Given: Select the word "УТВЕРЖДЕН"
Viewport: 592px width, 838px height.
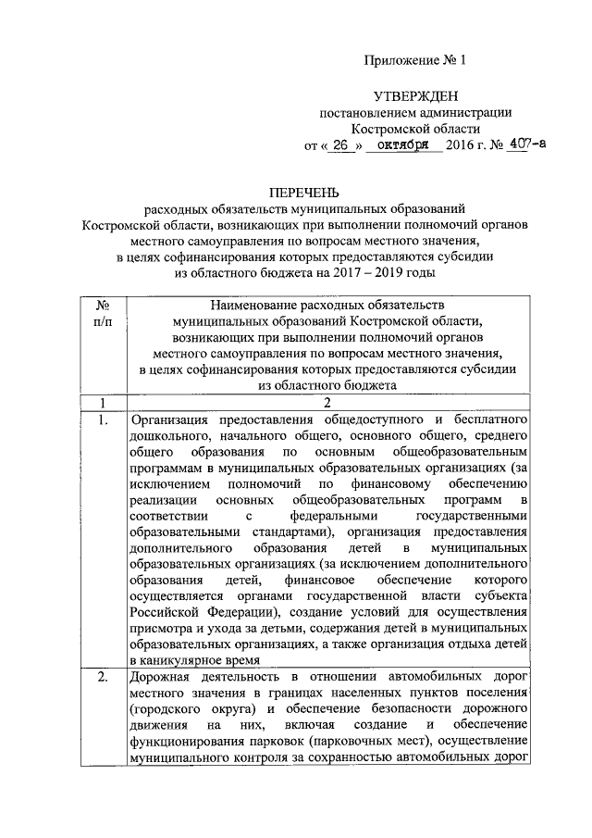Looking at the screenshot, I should pyautogui.click(x=415, y=95).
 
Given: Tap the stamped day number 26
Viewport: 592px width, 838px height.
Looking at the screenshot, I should pyautogui.click(x=342, y=145).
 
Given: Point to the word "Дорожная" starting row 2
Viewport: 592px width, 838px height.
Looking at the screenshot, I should pyautogui.click(x=162, y=679).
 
